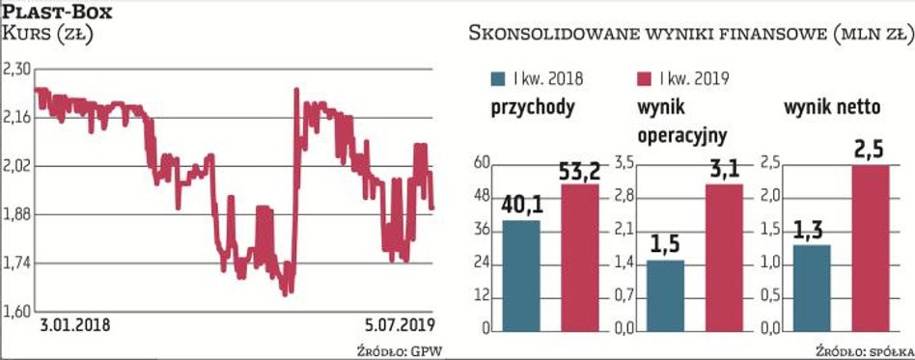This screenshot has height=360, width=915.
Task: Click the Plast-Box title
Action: point(57,13)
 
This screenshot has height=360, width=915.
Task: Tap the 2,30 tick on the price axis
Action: point(18,69)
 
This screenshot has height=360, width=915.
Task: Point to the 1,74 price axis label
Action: point(18,263)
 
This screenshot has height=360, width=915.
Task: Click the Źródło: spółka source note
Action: point(865,347)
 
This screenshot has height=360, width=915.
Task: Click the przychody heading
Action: point(533,107)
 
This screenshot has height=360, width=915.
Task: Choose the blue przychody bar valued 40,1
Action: point(521,275)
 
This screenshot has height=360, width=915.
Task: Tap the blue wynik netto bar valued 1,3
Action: point(812,287)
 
